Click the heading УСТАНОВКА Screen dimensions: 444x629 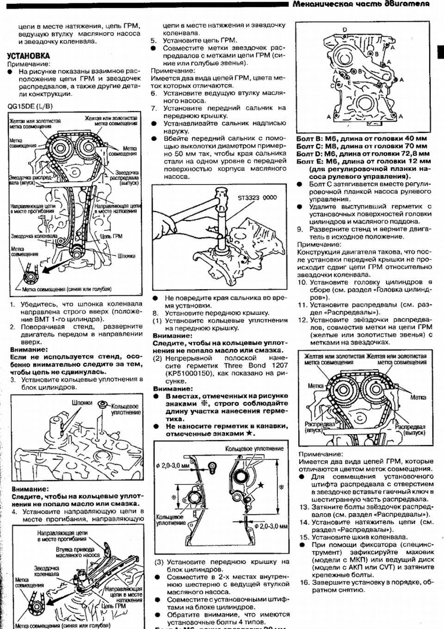[x=28, y=56]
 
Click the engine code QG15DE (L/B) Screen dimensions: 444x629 [x=30, y=106]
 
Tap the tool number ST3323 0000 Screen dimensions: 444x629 [x=257, y=197]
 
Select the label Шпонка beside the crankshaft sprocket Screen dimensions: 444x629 [x=126, y=255]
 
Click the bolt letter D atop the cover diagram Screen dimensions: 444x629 [x=345, y=30]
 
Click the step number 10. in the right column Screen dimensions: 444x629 [x=302, y=282]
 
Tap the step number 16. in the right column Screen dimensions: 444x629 [x=304, y=582]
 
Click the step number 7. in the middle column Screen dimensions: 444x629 [x=154, y=108]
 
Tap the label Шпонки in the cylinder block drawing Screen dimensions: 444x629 [x=82, y=403]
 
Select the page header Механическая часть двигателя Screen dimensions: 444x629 [x=361, y=4]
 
